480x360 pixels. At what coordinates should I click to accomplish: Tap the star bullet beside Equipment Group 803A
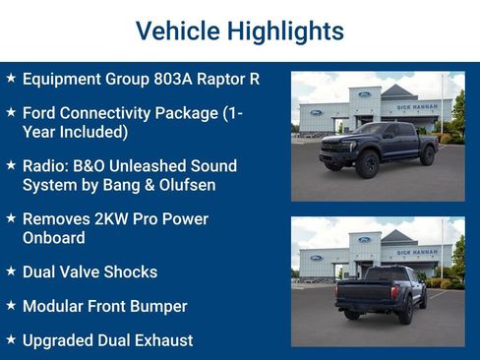(x=10, y=78)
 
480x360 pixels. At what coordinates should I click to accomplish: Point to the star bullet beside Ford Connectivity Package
(x=10, y=112)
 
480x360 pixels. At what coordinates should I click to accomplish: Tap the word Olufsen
(x=184, y=184)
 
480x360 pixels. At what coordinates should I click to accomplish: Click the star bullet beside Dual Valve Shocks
(x=10, y=270)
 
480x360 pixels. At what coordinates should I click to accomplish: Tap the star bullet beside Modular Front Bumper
(x=10, y=305)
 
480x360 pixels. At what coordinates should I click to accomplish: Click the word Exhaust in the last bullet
(x=162, y=340)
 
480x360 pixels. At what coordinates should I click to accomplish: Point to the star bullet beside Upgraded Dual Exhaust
(x=10, y=339)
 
